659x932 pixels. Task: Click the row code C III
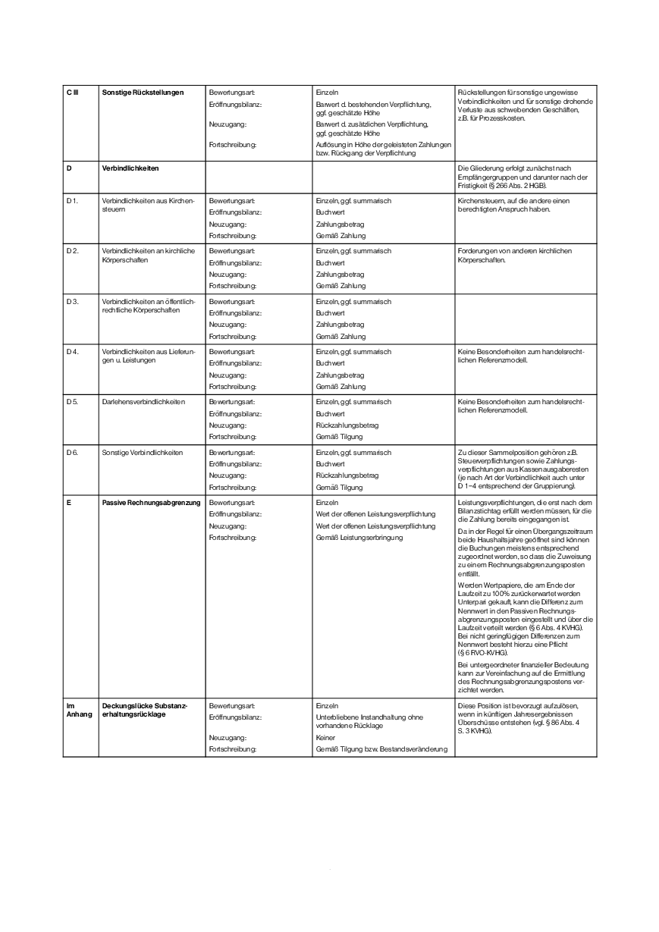(72, 93)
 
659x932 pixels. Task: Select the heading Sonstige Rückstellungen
(143, 93)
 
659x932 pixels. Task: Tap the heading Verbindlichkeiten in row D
(130, 168)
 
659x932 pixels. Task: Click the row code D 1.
(72, 201)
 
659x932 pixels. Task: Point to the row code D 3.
(72, 302)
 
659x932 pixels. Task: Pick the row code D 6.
(72, 453)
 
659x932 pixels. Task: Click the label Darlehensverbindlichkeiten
(143, 402)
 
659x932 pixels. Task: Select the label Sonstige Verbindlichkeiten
(143, 453)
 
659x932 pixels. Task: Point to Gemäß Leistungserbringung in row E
(359, 538)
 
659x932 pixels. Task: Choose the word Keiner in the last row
(325, 737)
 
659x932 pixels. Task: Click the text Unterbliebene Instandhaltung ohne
(369, 717)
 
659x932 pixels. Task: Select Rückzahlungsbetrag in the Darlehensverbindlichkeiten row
(347, 425)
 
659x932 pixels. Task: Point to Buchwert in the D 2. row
(330, 262)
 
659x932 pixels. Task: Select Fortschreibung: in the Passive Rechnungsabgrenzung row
(233, 538)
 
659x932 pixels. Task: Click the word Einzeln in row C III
(327, 93)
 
